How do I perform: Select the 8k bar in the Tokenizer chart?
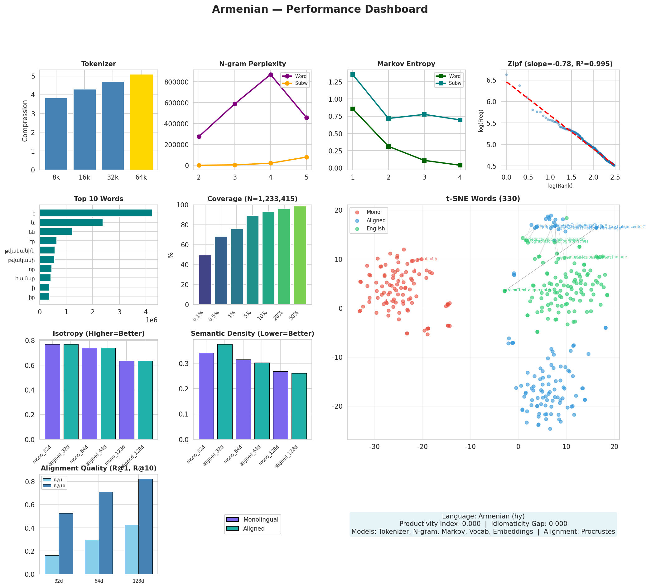click(56, 134)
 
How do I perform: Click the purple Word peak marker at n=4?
click(271, 75)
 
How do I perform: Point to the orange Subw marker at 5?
click(306, 157)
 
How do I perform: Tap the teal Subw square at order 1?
click(353, 75)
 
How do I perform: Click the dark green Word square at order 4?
click(460, 165)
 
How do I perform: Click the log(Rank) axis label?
click(560, 186)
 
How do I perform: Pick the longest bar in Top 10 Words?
click(96, 213)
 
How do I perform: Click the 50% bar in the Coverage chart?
click(300, 255)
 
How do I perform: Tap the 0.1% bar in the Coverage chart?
click(205, 280)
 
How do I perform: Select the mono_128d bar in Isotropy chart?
click(127, 400)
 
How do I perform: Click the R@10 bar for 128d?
click(146, 527)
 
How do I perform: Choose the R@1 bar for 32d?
click(52, 565)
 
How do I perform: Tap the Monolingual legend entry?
click(260, 519)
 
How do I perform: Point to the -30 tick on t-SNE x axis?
click(374, 447)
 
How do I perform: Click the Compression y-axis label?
click(25, 120)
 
